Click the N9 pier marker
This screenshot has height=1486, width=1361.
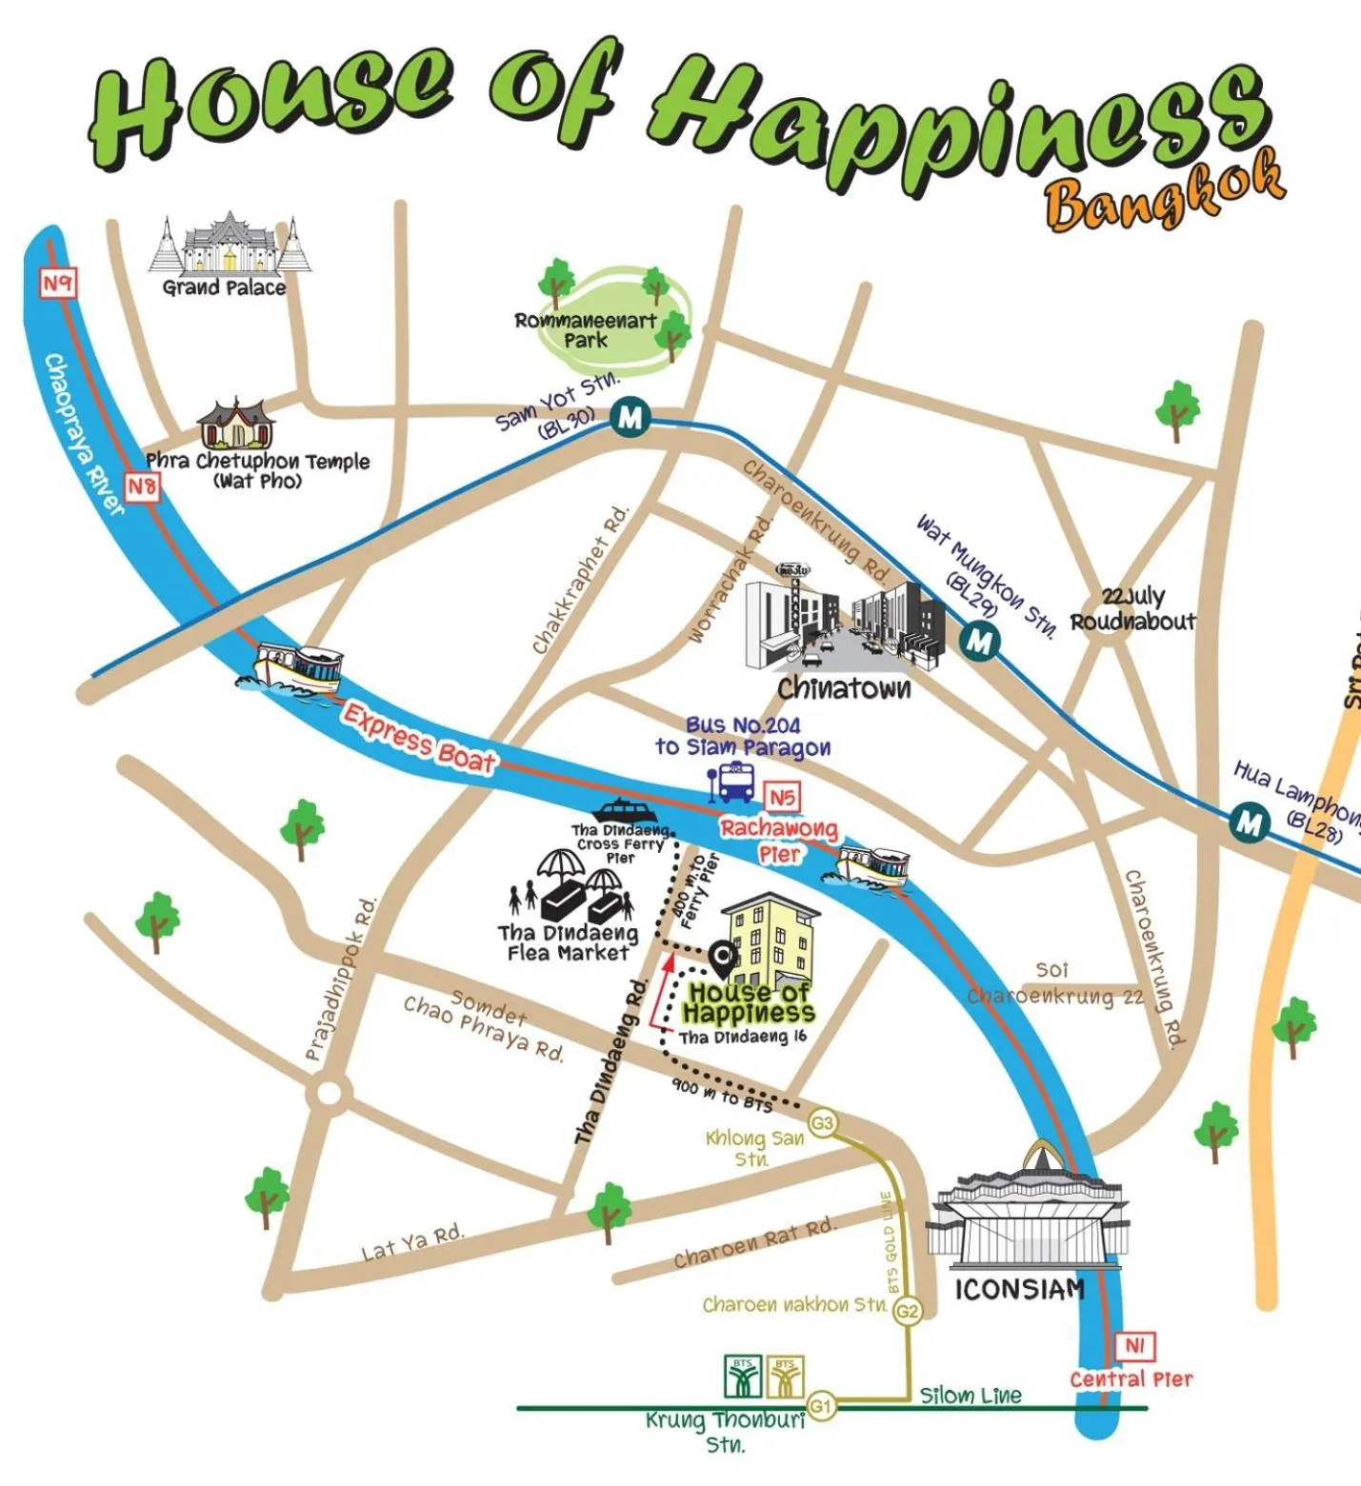(x=57, y=283)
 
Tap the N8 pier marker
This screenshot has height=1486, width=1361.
(x=142, y=486)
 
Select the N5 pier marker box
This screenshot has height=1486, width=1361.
(x=781, y=797)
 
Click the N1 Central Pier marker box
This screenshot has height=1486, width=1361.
(x=1133, y=1346)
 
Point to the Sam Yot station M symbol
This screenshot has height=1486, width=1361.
(x=630, y=417)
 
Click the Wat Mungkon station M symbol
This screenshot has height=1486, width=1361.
(x=978, y=640)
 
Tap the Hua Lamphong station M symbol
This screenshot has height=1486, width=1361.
(x=1248, y=822)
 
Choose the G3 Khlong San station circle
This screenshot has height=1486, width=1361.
(x=821, y=1123)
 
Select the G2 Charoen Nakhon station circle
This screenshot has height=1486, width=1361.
(x=907, y=1311)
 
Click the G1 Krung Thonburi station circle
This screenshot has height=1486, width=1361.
(x=820, y=1405)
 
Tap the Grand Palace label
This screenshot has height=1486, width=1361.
(x=224, y=287)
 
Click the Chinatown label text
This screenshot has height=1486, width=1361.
(x=843, y=688)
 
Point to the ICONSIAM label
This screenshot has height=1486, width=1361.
(x=1019, y=1290)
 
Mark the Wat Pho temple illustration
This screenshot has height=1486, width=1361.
(x=235, y=426)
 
